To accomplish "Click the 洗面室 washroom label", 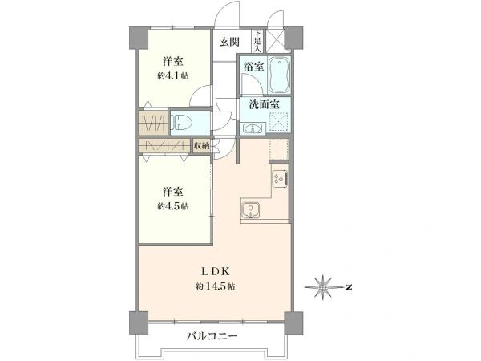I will (261, 104).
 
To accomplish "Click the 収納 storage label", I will (202, 146).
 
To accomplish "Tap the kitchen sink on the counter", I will (252, 210).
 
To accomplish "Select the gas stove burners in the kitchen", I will (280, 179).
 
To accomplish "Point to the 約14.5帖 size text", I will (215, 286).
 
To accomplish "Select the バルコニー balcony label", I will (212, 335).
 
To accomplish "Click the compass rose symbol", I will (324, 286).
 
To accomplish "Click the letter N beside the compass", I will (349, 286).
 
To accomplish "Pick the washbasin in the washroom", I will (253, 127).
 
